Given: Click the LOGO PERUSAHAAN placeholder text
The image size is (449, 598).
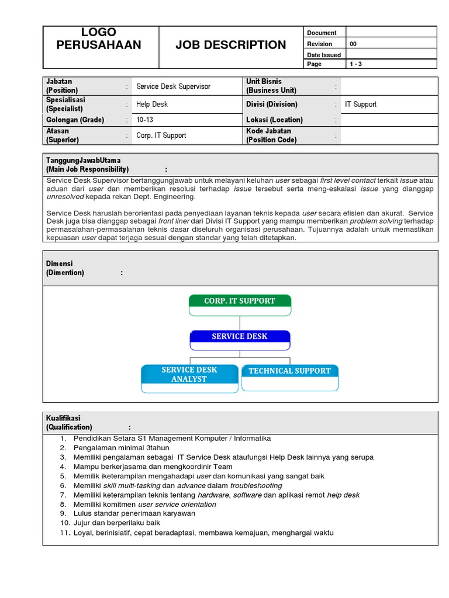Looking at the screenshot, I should (99, 39).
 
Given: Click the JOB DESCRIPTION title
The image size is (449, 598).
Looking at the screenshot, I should (231, 45).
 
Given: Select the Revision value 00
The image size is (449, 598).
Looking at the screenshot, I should (353, 44).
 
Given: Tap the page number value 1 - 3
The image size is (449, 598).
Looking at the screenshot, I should (355, 64).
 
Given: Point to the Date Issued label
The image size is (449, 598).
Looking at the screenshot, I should (323, 54).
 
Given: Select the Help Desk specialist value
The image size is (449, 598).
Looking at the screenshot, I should (151, 105).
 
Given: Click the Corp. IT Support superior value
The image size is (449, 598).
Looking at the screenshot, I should (161, 135).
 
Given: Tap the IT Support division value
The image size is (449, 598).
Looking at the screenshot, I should (361, 105).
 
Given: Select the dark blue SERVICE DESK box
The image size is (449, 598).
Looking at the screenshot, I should (240, 337).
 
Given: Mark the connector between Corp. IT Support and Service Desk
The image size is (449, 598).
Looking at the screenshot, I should (240, 323).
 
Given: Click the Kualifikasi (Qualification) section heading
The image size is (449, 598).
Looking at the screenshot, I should (69, 423).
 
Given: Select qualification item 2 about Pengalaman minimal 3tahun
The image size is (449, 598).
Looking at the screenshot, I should (112, 448).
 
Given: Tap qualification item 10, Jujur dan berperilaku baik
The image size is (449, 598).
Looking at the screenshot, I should (116, 523).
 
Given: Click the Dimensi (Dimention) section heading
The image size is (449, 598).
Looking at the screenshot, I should (65, 268).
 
